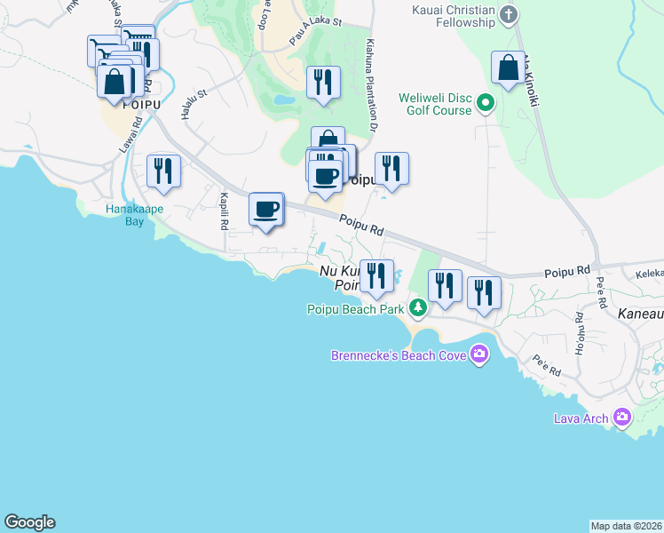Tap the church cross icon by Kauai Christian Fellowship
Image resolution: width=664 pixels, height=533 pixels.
509,14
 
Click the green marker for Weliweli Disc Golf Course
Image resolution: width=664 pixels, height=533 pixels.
486,103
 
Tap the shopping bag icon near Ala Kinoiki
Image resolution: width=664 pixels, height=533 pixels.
508,68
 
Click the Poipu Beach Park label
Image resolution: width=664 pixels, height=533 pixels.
355,309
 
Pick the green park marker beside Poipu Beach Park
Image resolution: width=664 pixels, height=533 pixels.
417,308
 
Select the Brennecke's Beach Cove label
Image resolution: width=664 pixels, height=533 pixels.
396,355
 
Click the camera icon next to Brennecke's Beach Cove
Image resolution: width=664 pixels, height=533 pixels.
479,355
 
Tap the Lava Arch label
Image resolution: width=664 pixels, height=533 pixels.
581,418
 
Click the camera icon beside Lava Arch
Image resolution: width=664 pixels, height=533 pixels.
621,417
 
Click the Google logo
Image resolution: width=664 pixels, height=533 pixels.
29,522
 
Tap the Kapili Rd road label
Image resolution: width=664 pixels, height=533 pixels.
225,211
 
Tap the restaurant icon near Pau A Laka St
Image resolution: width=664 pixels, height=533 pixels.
322,83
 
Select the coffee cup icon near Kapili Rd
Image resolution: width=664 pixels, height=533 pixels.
266,209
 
